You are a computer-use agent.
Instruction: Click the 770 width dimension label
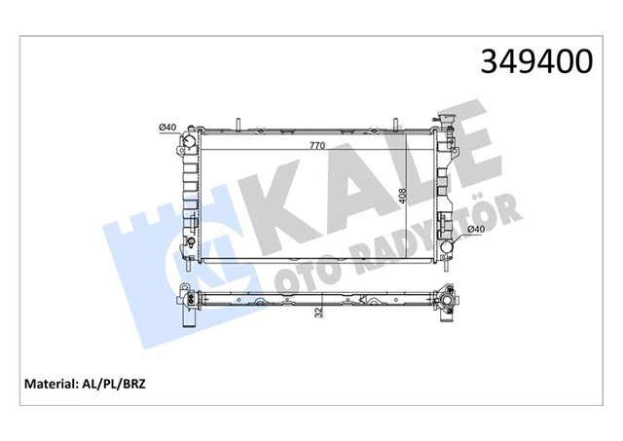(x=318, y=145)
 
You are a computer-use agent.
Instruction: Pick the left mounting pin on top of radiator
(x=237, y=126)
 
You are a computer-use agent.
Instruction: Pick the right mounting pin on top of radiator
(x=397, y=126)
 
